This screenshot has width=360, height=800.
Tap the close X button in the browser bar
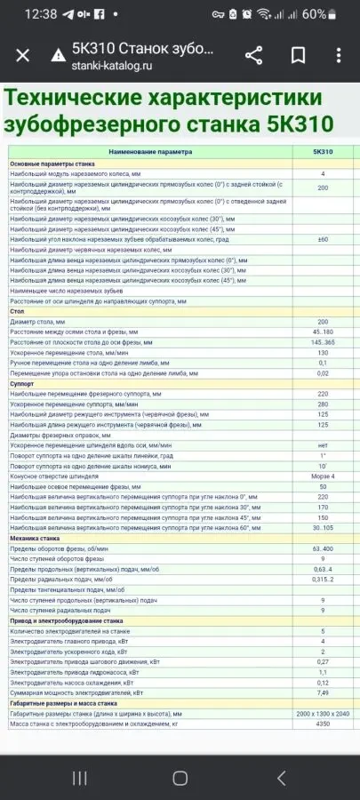23,55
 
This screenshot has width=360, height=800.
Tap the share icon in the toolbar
253,55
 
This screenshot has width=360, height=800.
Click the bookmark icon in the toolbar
298,55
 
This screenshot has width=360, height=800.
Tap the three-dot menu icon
340,55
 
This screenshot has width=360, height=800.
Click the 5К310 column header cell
323,152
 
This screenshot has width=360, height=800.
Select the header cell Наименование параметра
150,152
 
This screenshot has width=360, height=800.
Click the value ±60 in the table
323,239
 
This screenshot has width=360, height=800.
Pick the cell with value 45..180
323,331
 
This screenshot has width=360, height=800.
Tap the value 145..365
323,341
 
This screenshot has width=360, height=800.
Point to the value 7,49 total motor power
323,692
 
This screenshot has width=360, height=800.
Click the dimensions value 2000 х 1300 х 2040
323,714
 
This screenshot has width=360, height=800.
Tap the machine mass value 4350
323,724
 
